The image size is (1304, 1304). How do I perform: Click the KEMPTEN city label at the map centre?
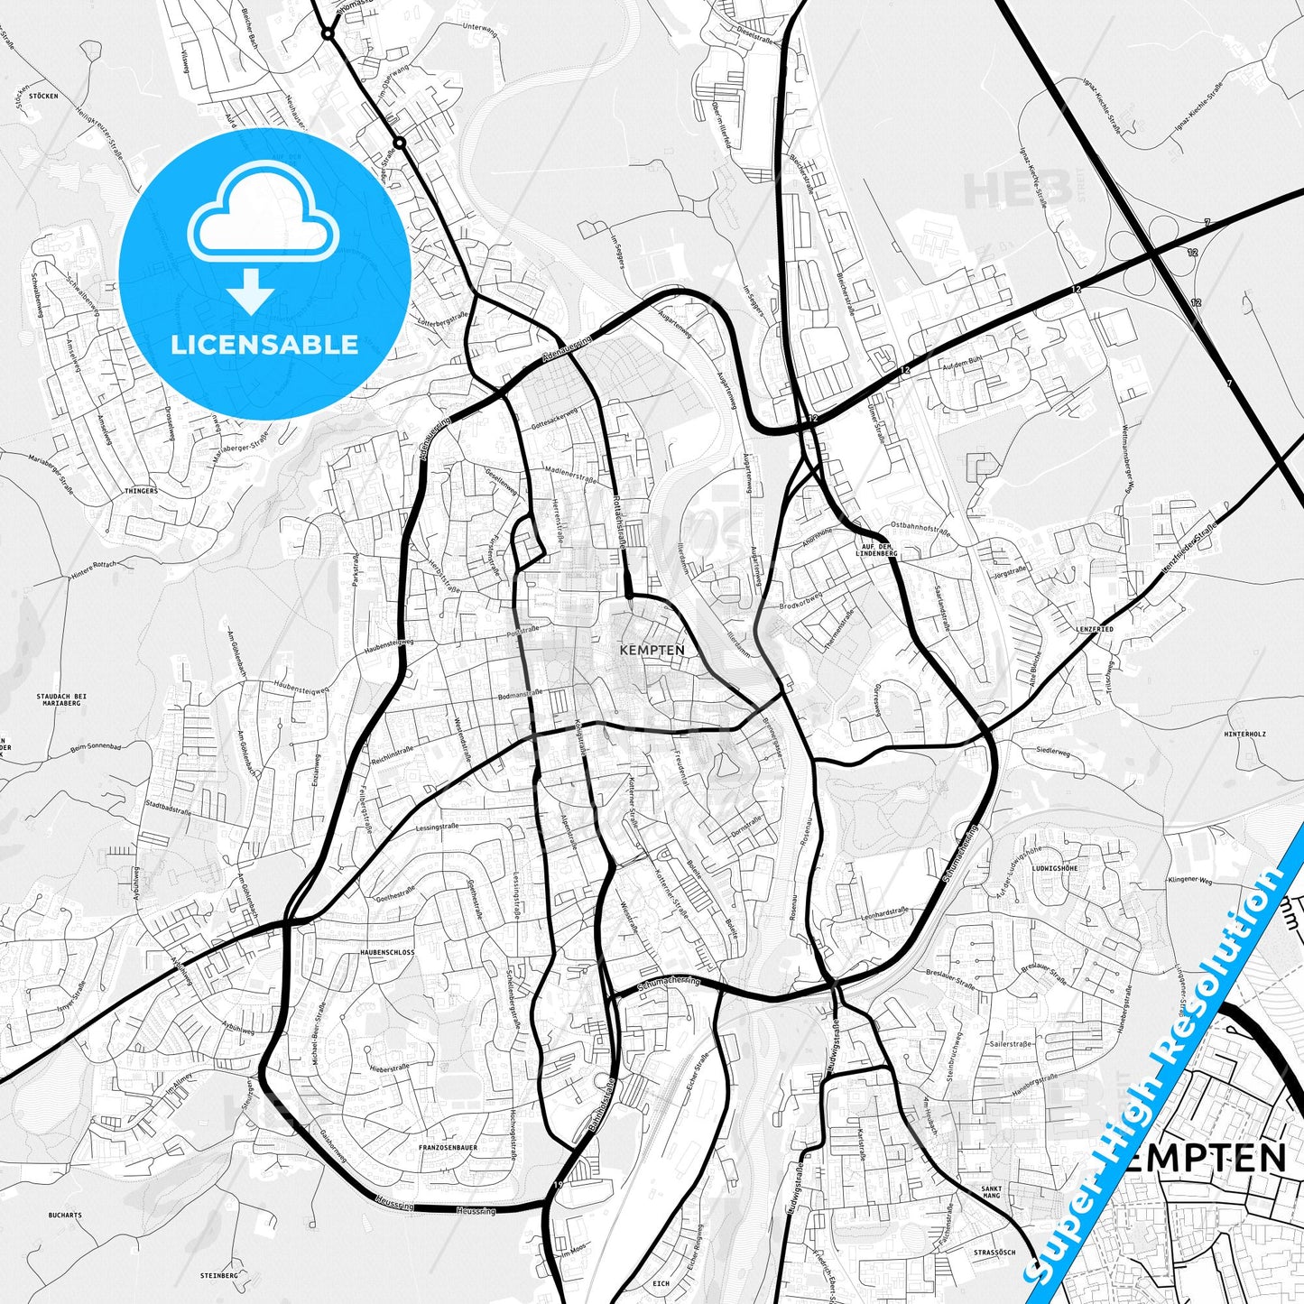(x=652, y=650)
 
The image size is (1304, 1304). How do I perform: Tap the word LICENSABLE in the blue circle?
(x=264, y=344)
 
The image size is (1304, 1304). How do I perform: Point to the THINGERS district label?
(x=142, y=491)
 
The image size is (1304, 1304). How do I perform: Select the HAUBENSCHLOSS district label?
(x=387, y=953)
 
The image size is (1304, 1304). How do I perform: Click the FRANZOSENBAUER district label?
(x=448, y=1147)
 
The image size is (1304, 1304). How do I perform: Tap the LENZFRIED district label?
(x=1094, y=629)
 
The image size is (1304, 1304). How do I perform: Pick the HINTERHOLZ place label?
(x=1245, y=735)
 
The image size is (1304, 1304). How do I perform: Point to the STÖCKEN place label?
(x=43, y=96)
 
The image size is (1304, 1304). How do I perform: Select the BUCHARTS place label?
(x=65, y=1216)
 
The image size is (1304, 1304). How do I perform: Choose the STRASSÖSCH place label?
(x=994, y=1253)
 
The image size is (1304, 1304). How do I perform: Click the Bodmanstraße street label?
(x=520, y=696)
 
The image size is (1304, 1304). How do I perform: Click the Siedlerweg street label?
(x=1052, y=751)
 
